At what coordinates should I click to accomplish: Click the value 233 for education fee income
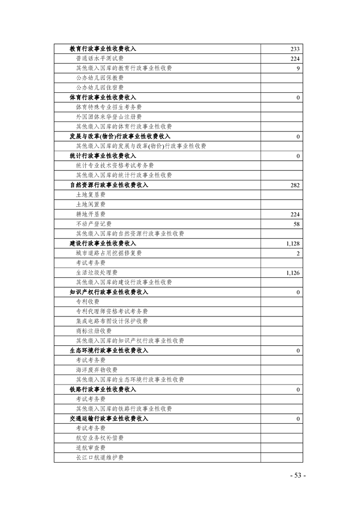coord(295,49)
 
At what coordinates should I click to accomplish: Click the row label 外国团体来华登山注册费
coord(109,117)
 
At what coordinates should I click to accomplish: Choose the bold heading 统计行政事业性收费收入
coord(103,156)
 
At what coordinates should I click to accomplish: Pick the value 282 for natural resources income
coord(295,185)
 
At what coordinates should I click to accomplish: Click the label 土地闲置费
coord(91,205)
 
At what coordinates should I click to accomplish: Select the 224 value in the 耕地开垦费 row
coord(295,214)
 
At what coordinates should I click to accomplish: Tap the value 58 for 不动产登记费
coord(296,224)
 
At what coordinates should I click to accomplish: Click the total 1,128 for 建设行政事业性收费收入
coord(293,243)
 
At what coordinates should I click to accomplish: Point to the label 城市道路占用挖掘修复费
coord(109,253)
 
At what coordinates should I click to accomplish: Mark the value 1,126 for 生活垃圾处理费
coord(293,273)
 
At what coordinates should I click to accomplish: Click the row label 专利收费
coord(88,302)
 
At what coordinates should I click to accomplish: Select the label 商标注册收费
coord(94,331)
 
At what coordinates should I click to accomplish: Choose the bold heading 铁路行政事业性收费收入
coord(103,390)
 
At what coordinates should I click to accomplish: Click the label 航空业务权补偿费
coord(100,438)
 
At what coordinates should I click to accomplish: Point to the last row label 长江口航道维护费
coord(100,458)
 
